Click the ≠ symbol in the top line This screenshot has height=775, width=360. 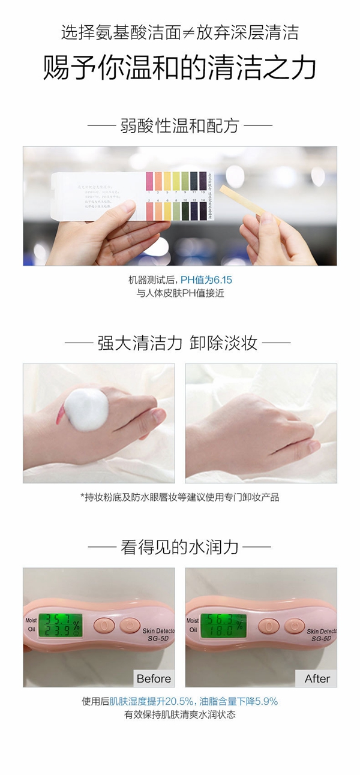pos(205,32)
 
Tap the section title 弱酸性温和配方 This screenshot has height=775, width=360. pos(180,125)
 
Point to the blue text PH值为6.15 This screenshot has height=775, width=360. pos(206,280)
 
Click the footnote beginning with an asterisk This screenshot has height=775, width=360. pos(179,497)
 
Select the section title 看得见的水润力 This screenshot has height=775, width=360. pos(179,546)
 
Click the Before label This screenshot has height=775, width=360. pos(154,678)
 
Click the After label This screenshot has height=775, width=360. pos(317,678)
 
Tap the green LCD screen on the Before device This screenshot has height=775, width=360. pos(60,625)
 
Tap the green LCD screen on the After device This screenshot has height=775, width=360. pos(223,625)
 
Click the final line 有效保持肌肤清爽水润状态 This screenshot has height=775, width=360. pos(179,714)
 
